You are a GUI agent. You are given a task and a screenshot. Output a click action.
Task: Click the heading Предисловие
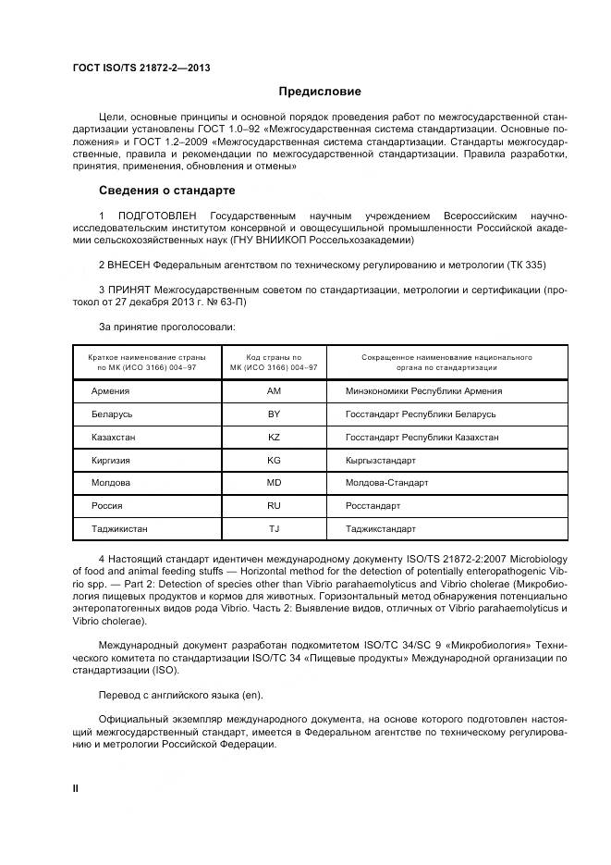(320, 92)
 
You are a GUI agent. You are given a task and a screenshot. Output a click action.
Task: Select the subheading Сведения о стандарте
(166, 191)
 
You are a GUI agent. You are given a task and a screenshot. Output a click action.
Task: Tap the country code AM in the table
(274, 391)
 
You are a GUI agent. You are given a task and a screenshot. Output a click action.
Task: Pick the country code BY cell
(274, 414)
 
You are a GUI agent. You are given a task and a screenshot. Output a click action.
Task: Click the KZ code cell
(274, 437)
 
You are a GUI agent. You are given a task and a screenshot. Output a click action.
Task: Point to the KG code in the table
(274, 460)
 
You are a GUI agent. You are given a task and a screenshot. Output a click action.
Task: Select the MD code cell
(274, 483)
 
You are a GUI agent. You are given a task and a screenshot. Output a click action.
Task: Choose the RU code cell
(274, 506)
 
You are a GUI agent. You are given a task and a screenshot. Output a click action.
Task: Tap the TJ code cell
(274, 529)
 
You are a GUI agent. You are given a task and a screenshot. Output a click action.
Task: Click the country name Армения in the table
(110, 391)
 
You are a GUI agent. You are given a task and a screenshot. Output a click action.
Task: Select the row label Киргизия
(111, 460)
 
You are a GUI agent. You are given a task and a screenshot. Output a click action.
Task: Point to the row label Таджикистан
(119, 529)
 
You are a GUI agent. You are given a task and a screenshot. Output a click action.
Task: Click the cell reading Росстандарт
(373, 506)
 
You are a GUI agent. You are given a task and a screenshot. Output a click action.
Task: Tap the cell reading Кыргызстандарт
(381, 460)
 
